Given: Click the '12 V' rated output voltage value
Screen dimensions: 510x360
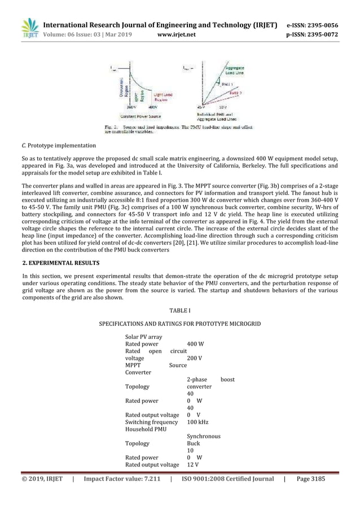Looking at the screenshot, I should point(193,464).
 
